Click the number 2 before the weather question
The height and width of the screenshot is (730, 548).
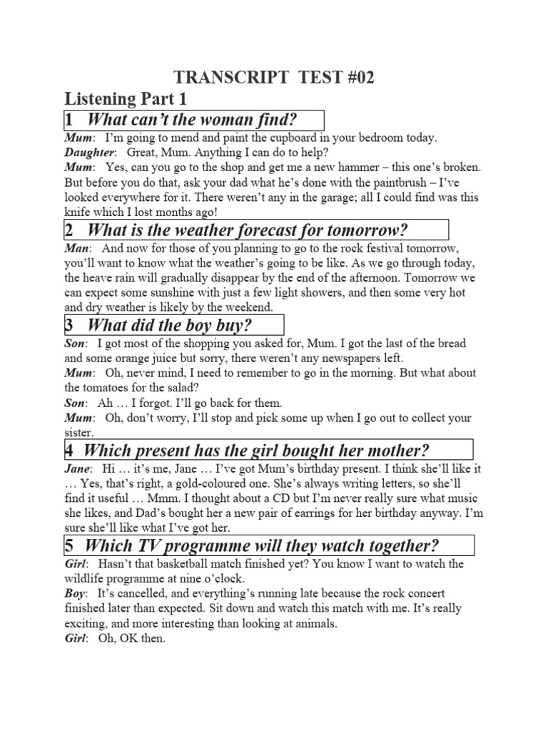point(70,230)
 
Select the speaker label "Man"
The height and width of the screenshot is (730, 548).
point(77,247)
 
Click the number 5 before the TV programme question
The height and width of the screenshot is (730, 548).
point(71,546)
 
